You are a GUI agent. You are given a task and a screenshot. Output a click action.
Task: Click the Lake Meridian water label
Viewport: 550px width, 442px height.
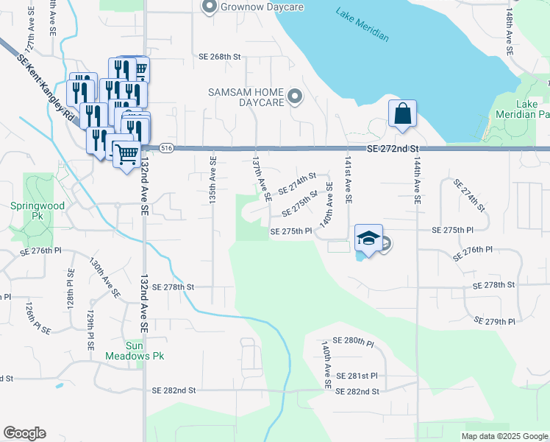[362, 25]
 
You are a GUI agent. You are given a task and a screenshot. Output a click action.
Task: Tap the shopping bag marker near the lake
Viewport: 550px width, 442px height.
[402, 115]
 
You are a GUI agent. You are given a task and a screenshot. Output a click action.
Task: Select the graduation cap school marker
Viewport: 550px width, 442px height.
[368, 239]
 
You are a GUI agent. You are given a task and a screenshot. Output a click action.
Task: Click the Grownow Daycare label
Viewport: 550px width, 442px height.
[248, 7]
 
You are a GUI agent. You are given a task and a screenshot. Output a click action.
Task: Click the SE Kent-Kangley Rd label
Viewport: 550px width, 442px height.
[46, 86]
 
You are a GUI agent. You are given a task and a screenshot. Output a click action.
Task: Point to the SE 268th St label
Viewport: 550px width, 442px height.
[220, 56]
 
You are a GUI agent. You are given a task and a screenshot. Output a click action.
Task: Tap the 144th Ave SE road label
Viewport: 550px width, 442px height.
[417, 180]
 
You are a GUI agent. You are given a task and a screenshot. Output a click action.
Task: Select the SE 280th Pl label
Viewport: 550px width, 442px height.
[354, 341]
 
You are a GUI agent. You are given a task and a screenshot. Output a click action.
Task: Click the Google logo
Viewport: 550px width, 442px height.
[24, 433]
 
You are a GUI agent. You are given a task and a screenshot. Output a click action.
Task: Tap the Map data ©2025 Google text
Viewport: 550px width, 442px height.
[504, 436]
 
